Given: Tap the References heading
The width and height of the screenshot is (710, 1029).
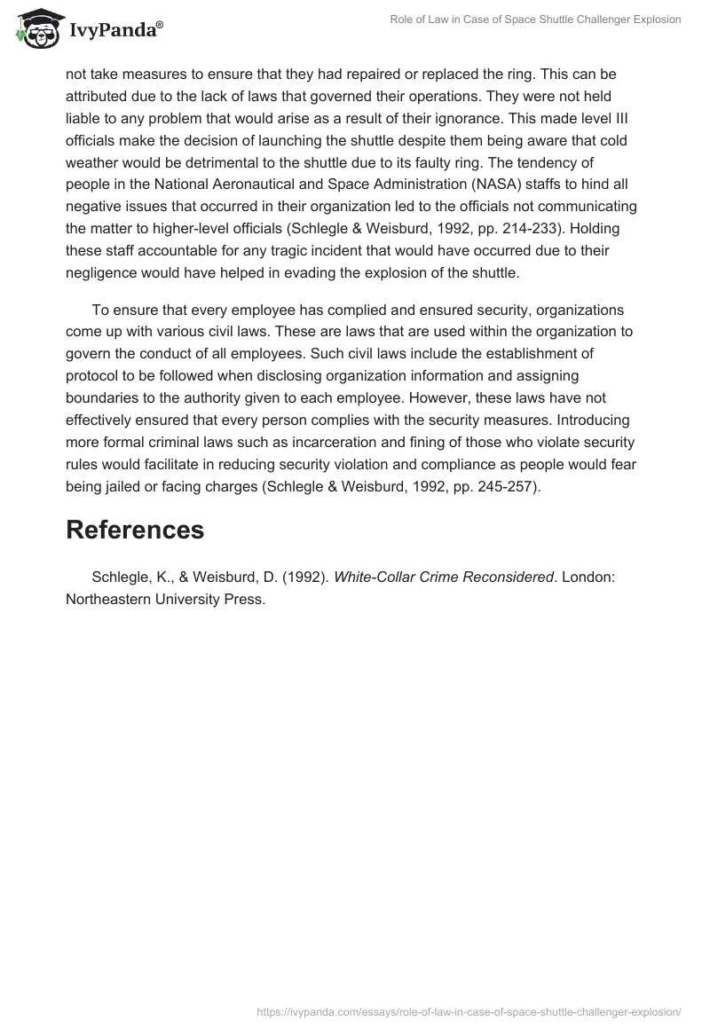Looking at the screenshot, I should coord(135,530).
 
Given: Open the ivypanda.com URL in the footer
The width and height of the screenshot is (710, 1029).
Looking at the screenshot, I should coord(469,1010).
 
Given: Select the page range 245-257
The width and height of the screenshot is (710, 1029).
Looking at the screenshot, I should coord(493,486).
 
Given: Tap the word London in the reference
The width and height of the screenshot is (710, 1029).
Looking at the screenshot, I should coord(588,577).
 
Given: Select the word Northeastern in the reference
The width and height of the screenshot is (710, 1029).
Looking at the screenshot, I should coord(112,600).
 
